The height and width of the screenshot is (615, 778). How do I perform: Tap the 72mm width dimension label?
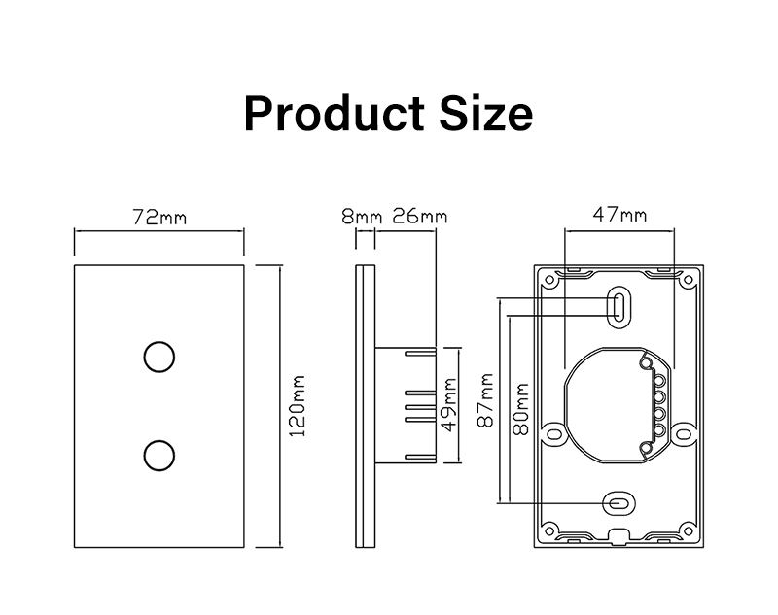[x=159, y=216]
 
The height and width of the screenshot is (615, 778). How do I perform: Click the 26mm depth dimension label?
[x=419, y=216]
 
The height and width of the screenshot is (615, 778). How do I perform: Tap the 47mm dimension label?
[x=619, y=216]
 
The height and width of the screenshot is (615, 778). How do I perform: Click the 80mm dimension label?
[x=520, y=407]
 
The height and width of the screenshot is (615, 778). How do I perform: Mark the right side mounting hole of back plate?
[x=686, y=433]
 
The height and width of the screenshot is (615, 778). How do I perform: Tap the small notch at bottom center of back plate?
[x=619, y=537]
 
